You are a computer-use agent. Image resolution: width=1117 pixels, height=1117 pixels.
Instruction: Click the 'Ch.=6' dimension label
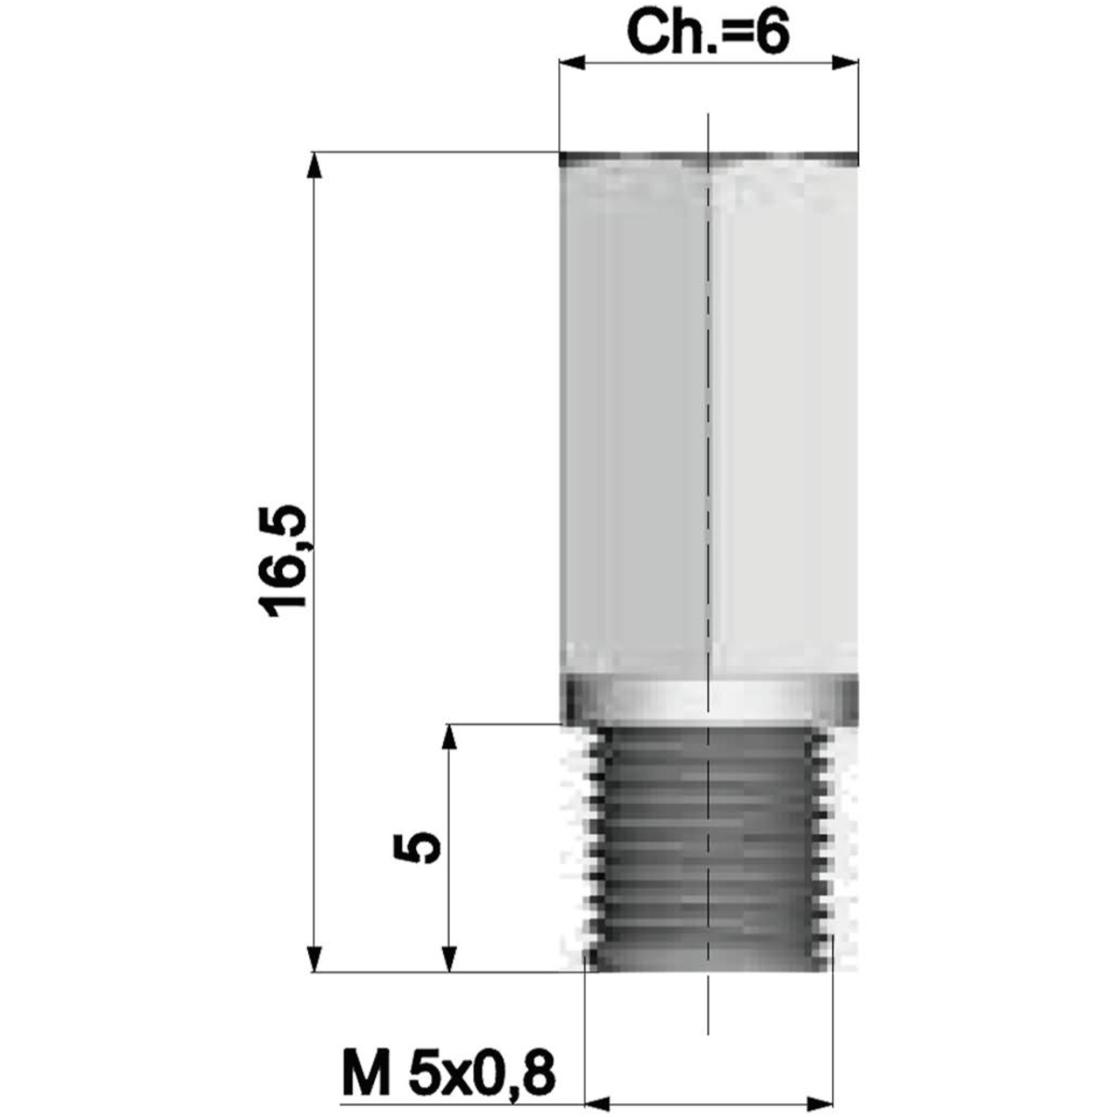[x=707, y=33]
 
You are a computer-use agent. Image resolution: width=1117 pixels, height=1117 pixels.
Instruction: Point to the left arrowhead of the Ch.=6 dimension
[x=571, y=62]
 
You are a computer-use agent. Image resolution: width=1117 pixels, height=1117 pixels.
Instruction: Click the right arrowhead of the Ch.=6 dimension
[x=845, y=62]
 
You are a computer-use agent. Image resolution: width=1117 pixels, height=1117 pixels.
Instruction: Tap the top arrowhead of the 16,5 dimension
[x=314, y=165]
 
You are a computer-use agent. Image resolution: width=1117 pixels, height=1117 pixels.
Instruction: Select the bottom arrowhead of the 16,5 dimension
[x=314, y=959]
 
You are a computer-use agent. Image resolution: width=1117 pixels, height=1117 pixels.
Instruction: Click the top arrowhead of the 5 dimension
[x=450, y=737]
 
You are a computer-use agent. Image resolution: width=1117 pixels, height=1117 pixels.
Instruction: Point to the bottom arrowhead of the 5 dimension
[x=450, y=959]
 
